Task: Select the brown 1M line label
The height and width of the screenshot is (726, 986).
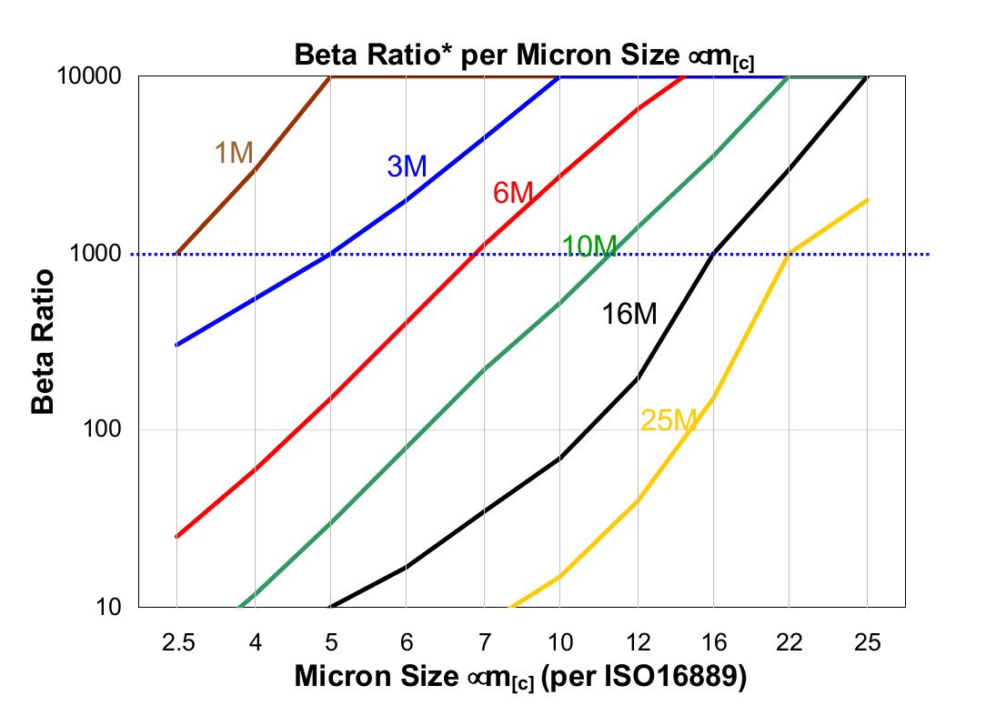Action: (x=234, y=154)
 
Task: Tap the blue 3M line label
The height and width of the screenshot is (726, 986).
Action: (x=407, y=166)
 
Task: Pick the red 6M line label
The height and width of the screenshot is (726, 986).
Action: (x=512, y=194)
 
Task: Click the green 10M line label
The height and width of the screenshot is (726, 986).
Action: (x=589, y=246)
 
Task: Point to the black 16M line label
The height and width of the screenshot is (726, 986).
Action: (x=629, y=315)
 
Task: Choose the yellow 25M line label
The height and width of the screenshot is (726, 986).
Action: (x=669, y=419)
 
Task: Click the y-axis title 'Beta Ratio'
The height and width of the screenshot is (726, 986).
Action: (x=43, y=341)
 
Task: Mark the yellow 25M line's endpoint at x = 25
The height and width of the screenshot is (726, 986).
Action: (x=867, y=200)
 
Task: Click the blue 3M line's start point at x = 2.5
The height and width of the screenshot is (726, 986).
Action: (x=177, y=345)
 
